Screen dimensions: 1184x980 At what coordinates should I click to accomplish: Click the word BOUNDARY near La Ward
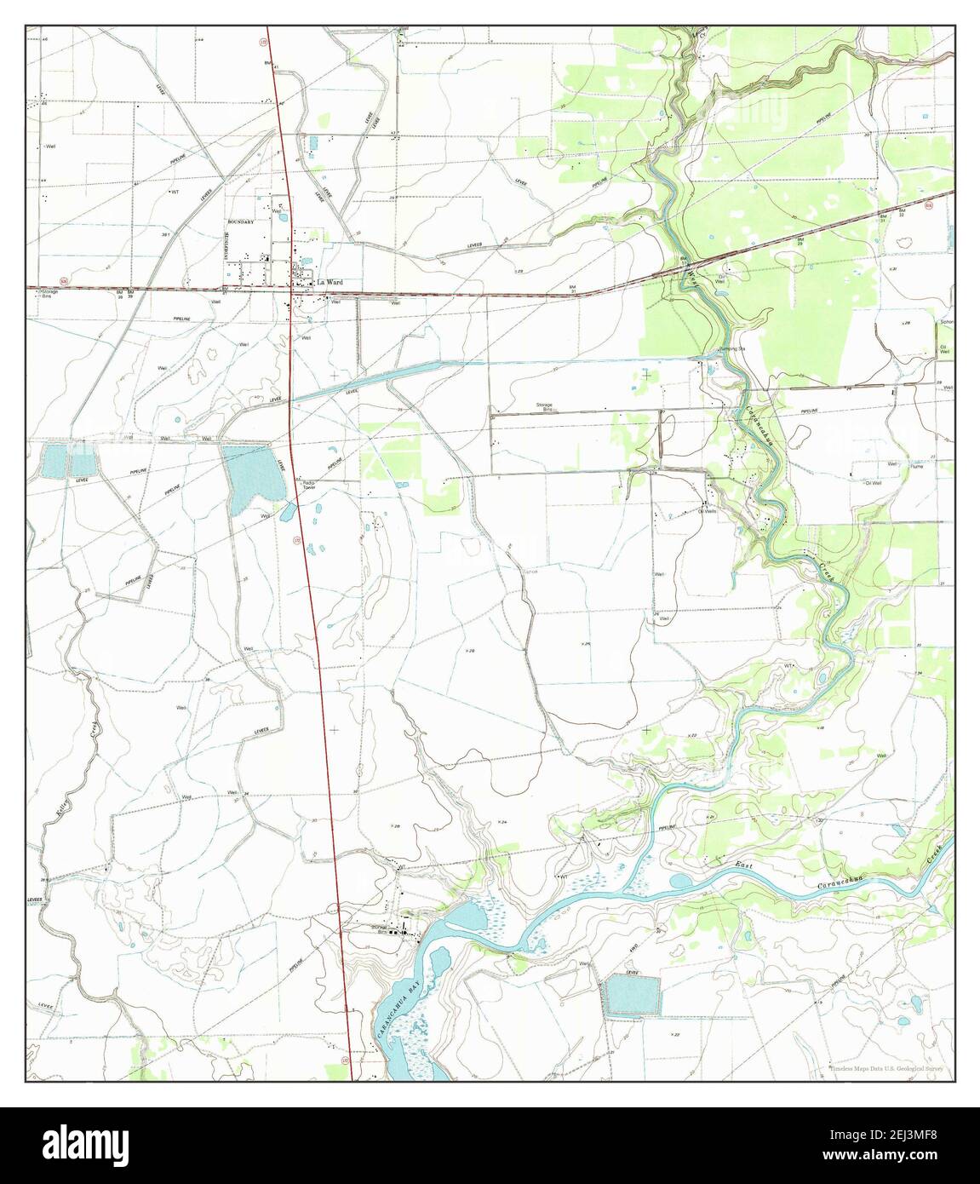point(242,221)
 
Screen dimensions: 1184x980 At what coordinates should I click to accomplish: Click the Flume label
point(916,466)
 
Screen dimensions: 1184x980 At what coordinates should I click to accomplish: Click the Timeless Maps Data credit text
point(886,1070)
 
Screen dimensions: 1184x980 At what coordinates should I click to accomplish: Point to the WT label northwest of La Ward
point(174,192)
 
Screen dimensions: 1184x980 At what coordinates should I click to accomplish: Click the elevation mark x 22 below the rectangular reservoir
point(674,1034)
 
